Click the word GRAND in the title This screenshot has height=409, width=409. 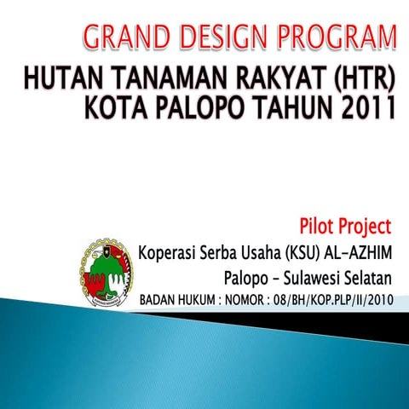pos(124,38)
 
